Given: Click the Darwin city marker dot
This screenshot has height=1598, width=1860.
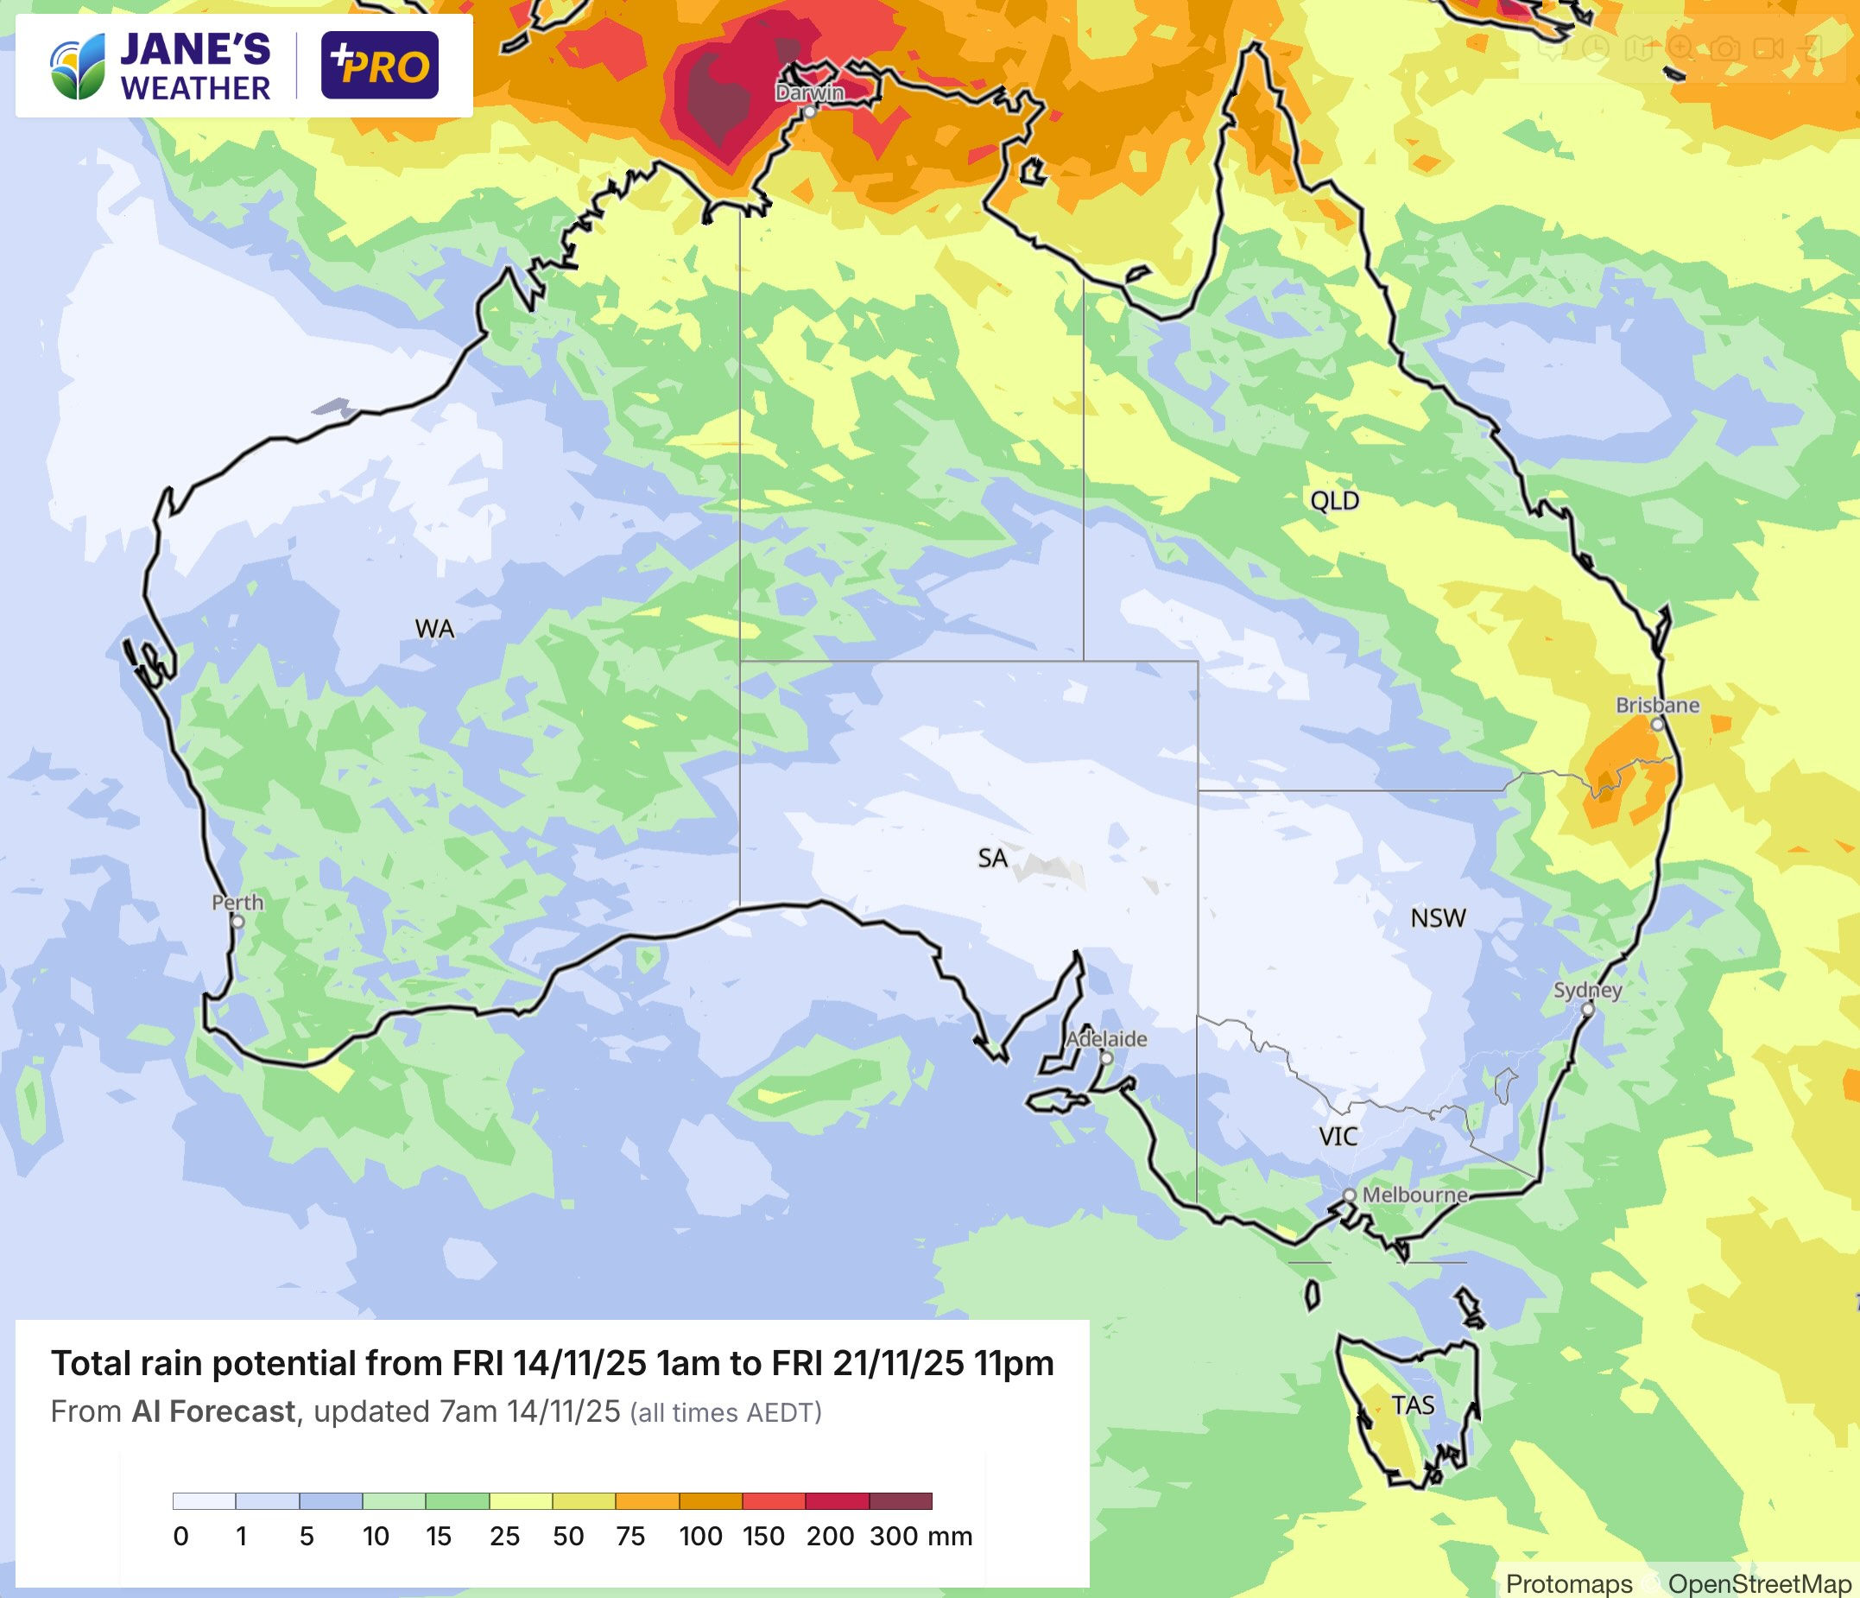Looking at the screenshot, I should (810, 112).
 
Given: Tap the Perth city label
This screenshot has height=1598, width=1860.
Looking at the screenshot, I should (237, 903).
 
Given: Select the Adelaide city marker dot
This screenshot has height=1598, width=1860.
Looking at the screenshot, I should (1107, 1058).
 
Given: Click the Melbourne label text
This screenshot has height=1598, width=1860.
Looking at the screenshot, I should (1414, 1195).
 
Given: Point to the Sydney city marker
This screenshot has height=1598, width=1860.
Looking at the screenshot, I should (1587, 1009).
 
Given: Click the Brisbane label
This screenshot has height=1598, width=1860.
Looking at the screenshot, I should (1657, 705).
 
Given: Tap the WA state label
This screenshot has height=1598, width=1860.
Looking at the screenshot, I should (434, 630).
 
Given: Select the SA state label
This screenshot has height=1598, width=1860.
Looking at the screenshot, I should (992, 859).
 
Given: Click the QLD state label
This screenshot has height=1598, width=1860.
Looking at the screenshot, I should (1334, 501).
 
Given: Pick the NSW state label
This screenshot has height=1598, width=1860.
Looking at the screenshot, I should (1438, 918).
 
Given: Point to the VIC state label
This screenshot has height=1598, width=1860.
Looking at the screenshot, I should (1338, 1138).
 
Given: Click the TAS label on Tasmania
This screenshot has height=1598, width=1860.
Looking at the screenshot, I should (1412, 1406).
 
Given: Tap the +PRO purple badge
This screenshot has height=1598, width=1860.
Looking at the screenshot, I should (380, 66).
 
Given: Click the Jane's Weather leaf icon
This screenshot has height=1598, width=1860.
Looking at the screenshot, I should (78, 67).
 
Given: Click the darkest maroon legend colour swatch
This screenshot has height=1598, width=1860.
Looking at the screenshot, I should (901, 1501).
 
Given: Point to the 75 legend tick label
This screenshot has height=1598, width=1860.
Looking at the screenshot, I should (630, 1536).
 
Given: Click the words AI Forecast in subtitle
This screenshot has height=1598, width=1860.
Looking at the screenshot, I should (213, 1411).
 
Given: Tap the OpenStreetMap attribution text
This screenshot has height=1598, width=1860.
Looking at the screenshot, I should (1760, 1583).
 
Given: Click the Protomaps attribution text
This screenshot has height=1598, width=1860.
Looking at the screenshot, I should (1568, 1583).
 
